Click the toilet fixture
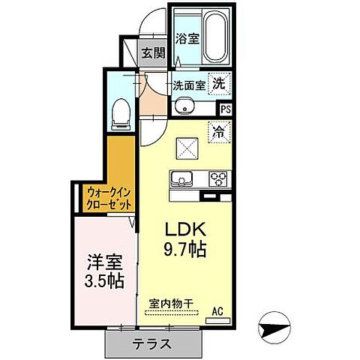coord(118,112)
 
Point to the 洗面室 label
coord(189,85)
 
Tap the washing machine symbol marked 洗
coord(218,84)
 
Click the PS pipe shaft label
coord(226,109)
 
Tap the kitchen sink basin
coord(182,179)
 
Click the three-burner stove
coord(218,179)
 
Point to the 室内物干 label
coord(170,304)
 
